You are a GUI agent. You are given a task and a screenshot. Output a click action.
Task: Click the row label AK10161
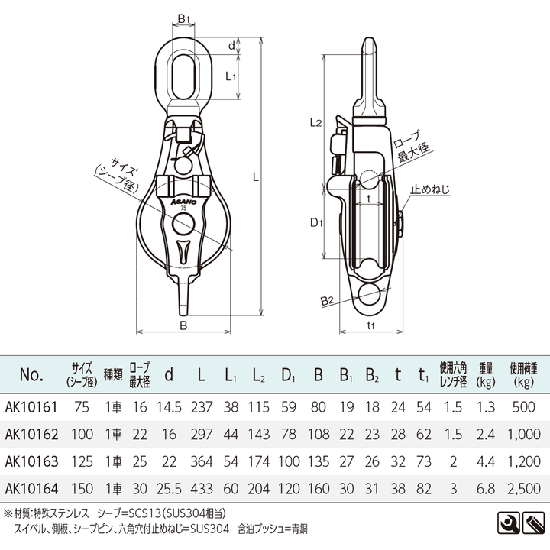click(x=29, y=408)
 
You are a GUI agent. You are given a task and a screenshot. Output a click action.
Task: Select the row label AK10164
click(x=29, y=487)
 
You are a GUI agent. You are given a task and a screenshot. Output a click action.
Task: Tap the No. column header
click(x=30, y=375)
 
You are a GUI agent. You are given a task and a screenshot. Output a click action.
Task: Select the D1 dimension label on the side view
click(x=319, y=223)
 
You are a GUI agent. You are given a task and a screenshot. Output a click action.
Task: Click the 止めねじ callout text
click(x=431, y=187)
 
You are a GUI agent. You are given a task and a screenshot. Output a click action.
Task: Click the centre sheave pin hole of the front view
click(x=183, y=224)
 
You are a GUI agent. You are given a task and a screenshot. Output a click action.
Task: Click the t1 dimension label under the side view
click(x=371, y=324)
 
